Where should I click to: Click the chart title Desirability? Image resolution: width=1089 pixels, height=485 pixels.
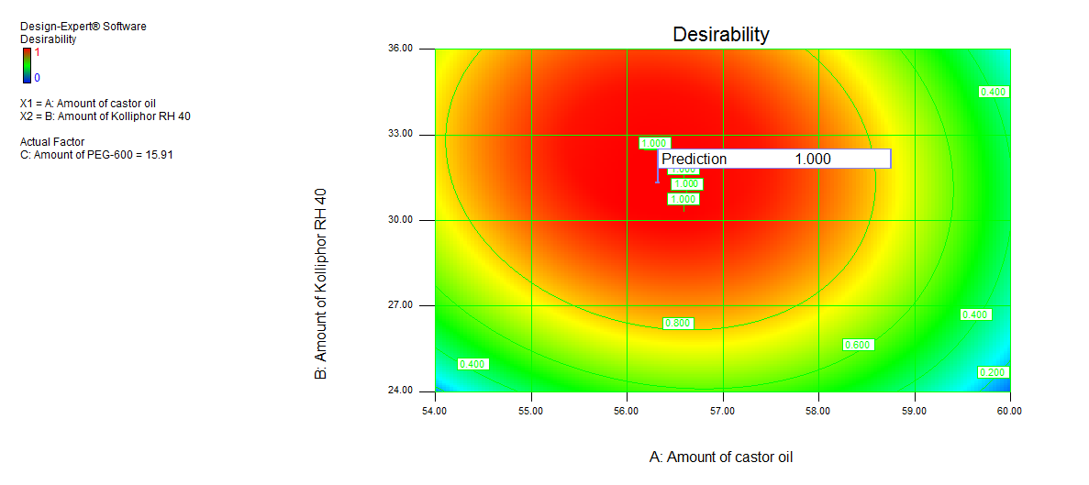(x=721, y=35)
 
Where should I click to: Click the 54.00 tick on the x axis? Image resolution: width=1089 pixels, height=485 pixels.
(x=434, y=410)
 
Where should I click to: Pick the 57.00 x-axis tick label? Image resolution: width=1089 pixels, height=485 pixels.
(x=722, y=410)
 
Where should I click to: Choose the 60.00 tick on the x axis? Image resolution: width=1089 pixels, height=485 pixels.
(x=1010, y=410)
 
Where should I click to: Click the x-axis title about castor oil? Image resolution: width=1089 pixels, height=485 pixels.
(x=720, y=457)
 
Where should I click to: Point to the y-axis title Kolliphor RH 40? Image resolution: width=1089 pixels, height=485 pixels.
(x=321, y=284)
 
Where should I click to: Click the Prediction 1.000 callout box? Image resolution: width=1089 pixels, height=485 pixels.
(x=773, y=159)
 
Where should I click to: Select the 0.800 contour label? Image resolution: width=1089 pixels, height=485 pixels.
(x=678, y=324)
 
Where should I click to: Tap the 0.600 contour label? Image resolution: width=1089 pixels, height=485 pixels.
(x=858, y=345)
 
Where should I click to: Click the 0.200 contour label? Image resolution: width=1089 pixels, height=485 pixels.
(x=994, y=372)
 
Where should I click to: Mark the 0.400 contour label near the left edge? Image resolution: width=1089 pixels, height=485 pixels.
(x=472, y=364)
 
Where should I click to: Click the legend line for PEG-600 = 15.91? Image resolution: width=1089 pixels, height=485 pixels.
(x=96, y=154)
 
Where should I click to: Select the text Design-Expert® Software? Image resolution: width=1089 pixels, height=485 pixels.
(x=83, y=27)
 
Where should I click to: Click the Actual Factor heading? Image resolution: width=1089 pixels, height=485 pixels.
(x=54, y=141)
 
